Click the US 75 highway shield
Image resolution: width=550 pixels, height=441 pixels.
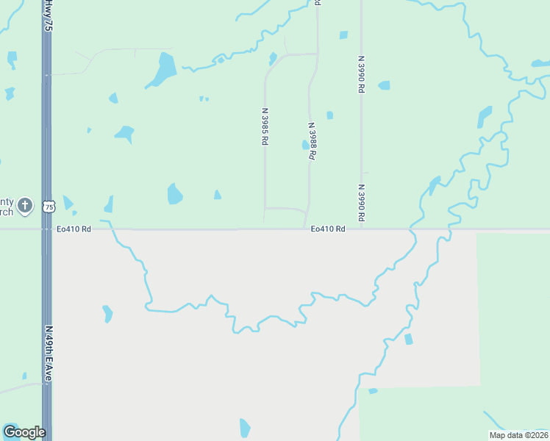[49, 207]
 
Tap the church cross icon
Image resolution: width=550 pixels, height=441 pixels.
[25, 205]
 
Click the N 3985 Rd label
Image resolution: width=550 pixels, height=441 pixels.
[263, 127]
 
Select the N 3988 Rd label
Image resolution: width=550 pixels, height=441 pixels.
[312, 143]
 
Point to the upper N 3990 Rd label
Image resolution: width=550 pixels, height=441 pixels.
[361, 73]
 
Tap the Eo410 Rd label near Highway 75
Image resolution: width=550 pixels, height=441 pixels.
[74, 229]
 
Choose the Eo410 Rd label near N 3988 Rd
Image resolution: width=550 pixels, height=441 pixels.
[328, 229]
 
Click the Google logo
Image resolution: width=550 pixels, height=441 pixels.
[24, 432]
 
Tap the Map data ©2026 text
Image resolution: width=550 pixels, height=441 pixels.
[518, 435]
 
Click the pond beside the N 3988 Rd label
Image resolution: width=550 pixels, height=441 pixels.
[305, 145]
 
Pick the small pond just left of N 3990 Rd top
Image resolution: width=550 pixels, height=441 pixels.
[343, 35]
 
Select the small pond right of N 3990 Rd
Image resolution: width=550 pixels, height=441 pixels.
[384, 85]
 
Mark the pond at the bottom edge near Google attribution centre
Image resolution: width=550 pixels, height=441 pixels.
[245, 428]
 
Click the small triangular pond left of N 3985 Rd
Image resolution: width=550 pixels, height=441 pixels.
[217, 195]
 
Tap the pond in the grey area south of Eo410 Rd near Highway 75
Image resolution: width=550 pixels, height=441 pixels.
[108, 314]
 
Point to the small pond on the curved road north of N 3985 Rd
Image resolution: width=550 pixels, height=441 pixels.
[273, 58]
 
